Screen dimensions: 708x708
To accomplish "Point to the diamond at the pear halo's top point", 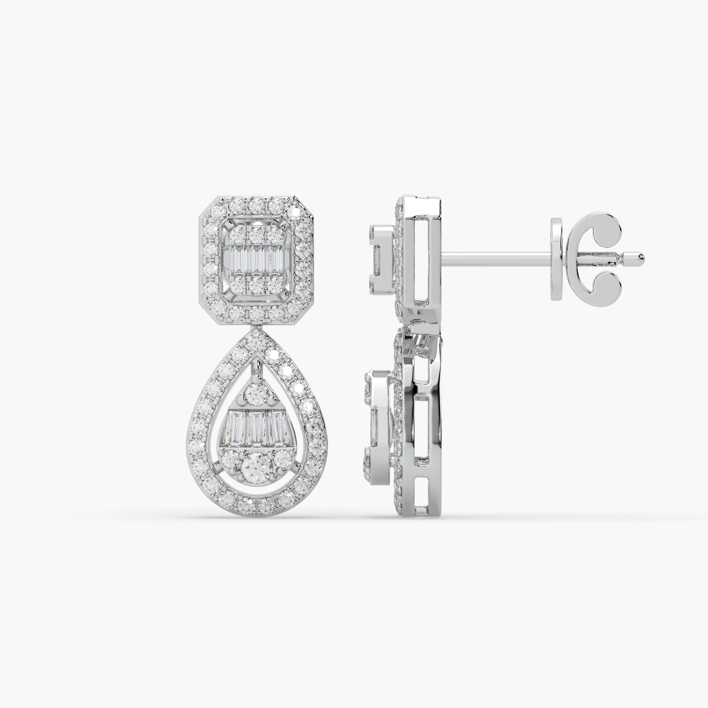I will pyautogui.click(x=255, y=338).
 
